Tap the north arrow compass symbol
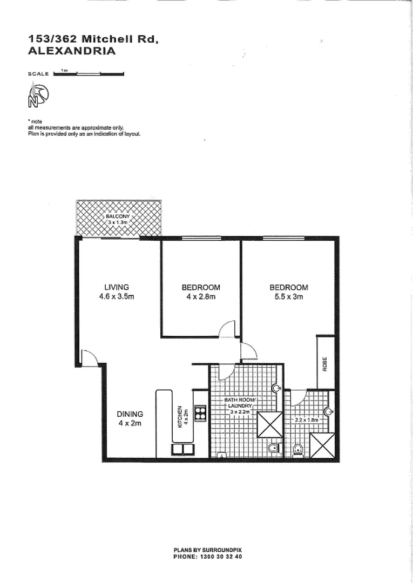[x=38, y=96]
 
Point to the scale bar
[x=89, y=74]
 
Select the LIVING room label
[x=117, y=287]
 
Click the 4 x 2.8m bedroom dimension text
[x=201, y=297]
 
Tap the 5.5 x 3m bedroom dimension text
[x=289, y=297]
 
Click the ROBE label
[x=325, y=365]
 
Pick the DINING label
[x=130, y=414]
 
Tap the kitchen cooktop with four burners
[x=200, y=413]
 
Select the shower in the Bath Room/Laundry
[x=270, y=424]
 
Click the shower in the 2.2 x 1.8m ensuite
[x=324, y=445]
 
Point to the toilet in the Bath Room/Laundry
[x=273, y=448]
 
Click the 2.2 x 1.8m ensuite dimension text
[x=306, y=419]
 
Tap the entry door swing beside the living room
[x=89, y=357]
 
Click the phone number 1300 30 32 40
[x=208, y=556]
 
